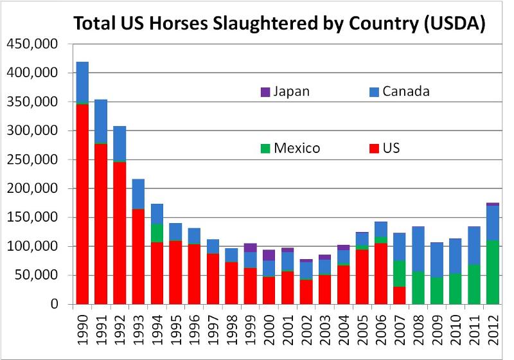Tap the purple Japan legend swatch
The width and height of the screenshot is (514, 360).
[265, 91]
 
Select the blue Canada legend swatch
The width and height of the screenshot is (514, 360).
[373, 91]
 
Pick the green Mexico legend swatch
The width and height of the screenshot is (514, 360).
[265, 148]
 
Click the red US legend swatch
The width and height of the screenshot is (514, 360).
[373, 148]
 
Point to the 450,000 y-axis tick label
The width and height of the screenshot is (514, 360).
[32, 44]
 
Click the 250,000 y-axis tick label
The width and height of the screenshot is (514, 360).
[32, 160]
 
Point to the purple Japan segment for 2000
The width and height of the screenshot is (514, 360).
[269, 255]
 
